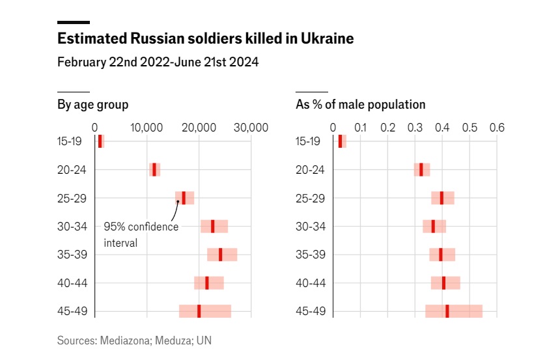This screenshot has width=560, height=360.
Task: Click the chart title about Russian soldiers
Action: (x=205, y=39)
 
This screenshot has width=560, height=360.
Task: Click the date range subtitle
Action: (x=158, y=62)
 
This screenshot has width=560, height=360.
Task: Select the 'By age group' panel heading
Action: (x=92, y=104)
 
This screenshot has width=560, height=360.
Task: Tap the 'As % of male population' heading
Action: (x=360, y=104)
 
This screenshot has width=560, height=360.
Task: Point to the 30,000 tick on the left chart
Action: (x=251, y=128)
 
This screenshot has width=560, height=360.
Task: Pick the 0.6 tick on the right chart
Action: (x=497, y=128)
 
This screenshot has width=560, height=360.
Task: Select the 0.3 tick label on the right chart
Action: (x=415, y=128)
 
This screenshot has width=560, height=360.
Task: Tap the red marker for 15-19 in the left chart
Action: (x=100, y=141)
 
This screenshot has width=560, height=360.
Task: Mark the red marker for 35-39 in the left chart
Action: (x=220, y=255)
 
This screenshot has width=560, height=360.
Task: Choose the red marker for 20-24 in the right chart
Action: (x=421, y=169)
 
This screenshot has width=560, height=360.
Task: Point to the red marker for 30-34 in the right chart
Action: (x=433, y=226)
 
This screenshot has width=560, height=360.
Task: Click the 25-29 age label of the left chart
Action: (x=72, y=198)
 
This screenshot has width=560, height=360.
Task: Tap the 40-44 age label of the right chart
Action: (x=310, y=283)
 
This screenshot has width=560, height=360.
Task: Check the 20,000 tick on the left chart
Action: (x=199, y=128)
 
